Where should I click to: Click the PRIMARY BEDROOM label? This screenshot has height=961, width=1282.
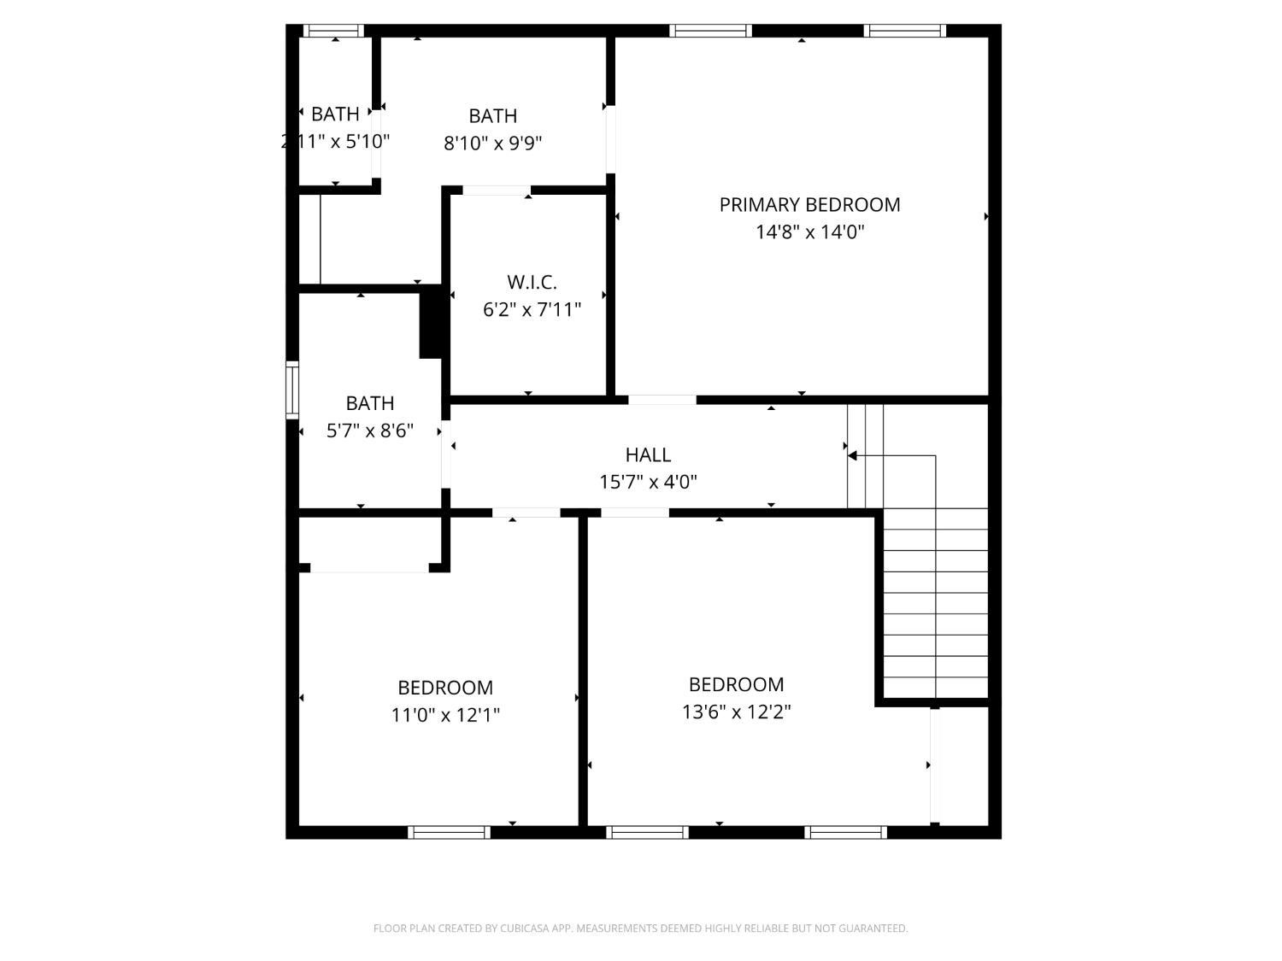pos(809,205)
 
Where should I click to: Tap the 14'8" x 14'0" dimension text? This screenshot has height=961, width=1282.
pos(809,231)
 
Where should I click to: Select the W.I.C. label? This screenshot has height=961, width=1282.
pos(532,282)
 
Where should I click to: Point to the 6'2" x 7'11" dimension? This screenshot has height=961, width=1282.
pos(532,309)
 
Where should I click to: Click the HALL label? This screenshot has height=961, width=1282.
pos(648,454)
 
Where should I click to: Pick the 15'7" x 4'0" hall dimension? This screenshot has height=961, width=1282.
pos(648,482)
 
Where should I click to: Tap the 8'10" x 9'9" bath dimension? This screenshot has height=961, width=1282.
pos(492,143)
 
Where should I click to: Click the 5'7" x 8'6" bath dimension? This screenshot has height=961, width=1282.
pos(369,431)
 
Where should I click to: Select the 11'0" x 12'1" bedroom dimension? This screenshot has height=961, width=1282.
pos(445,715)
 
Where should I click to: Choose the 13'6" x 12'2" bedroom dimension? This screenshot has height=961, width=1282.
pos(736,712)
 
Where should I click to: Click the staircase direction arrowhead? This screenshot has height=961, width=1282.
pos(852,456)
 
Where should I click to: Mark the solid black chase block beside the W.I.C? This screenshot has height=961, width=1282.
pos(430,322)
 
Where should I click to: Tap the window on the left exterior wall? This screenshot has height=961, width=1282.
pos(292,389)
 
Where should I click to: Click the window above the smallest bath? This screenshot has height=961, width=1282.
pos(334,31)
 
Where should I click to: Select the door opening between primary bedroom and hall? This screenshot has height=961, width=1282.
pos(662,400)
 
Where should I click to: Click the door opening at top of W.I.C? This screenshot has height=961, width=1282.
pos(496,190)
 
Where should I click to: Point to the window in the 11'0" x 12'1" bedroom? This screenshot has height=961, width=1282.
pos(449,832)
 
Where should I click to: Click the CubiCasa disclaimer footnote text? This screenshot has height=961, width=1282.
pos(640,929)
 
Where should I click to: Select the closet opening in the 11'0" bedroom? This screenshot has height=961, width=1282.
pos(369,567)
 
